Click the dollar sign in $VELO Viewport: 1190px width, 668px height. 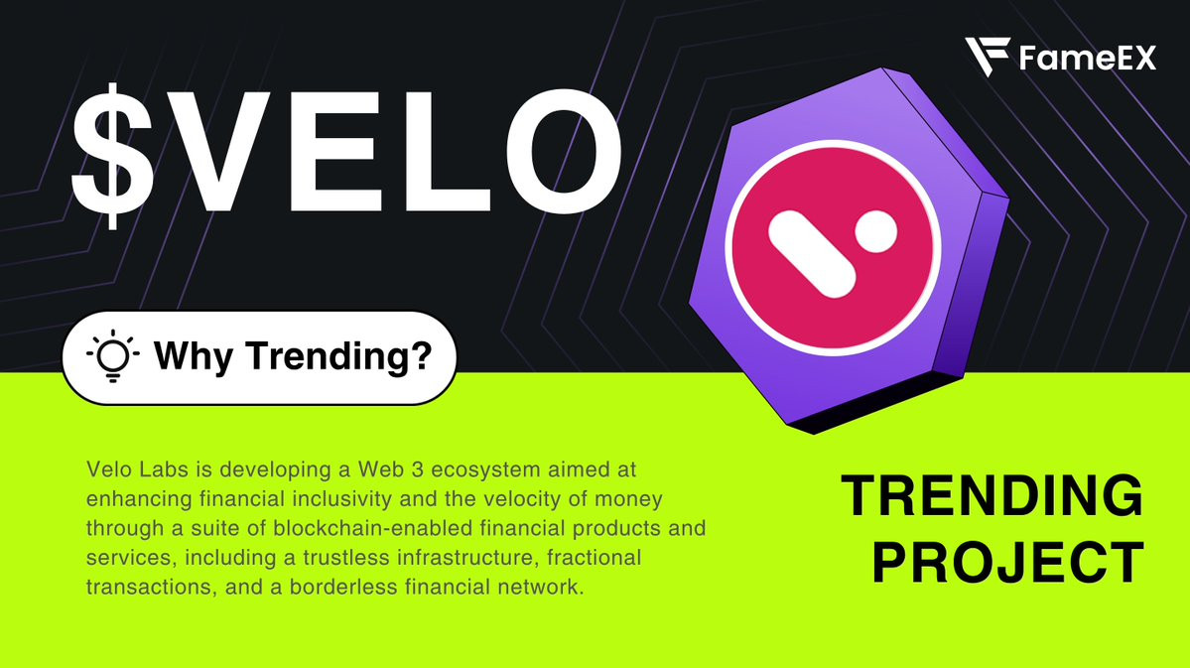click(113, 156)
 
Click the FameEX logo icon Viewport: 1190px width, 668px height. click(987, 57)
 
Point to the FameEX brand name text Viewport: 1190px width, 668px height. click(1088, 58)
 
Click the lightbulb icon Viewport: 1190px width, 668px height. click(113, 355)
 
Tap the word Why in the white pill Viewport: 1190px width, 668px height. click(193, 356)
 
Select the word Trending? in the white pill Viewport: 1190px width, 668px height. click(338, 356)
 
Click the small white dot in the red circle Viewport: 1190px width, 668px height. click(876, 231)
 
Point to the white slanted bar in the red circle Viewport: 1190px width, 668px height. click(812, 253)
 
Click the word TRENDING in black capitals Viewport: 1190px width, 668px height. click(992, 495)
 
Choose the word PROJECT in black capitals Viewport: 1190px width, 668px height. click(1007, 563)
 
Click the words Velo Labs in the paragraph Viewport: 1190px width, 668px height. click(137, 469)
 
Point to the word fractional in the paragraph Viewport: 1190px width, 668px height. click(595, 557)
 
